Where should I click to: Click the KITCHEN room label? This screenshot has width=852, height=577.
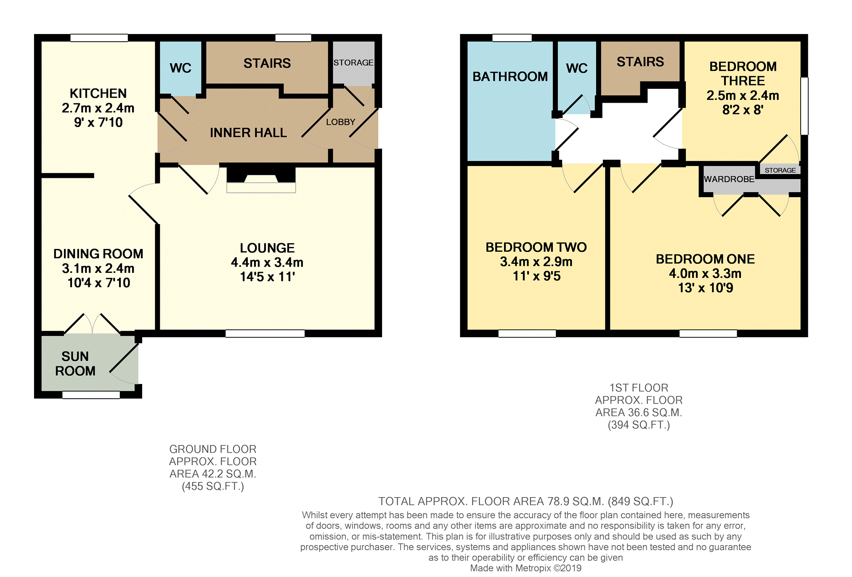point(98,93)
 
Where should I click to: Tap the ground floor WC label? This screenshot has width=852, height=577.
point(180,68)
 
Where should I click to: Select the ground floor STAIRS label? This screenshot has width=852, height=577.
point(267,63)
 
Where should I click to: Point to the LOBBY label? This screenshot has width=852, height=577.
point(341,122)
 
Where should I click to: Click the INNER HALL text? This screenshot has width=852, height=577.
point(248,133)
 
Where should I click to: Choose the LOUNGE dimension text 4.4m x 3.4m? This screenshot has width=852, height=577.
point(267,262)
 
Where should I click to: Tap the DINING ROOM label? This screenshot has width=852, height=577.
point(98,254)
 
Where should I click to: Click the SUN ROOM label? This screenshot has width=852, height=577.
point(75,364)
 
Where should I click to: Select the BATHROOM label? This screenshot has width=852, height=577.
point(510,77)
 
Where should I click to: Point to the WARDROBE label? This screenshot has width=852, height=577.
point(729,179)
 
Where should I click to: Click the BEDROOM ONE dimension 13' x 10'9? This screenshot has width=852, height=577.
point(706,288)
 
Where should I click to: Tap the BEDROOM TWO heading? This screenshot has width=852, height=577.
point(536,247)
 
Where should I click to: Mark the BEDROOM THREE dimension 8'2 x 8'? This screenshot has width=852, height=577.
point(743,110)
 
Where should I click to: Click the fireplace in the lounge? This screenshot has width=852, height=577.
point(261,180)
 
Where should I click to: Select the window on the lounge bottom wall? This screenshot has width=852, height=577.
point(265,333)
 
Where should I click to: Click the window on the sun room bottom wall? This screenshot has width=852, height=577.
point(91,395)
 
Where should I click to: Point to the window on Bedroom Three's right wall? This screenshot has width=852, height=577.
point(804,106)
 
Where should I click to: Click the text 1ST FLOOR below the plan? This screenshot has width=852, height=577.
point(639,388)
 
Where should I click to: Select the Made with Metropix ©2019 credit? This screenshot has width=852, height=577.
point(526,568)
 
